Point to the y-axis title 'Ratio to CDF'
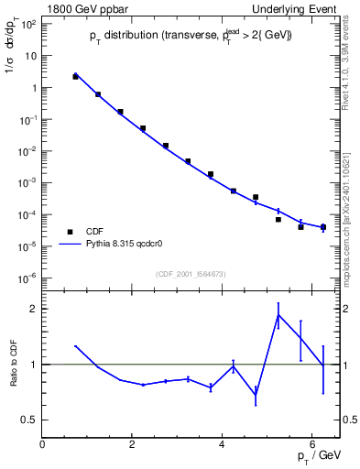tap(14, 365)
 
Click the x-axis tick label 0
tap(42, 444)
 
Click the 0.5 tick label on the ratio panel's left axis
tap(28, 420)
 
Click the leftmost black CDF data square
tap(75, 77)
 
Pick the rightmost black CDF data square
tap(323, 227)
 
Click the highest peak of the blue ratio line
tap(278, 315)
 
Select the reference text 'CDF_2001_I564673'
tap(191, 273)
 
